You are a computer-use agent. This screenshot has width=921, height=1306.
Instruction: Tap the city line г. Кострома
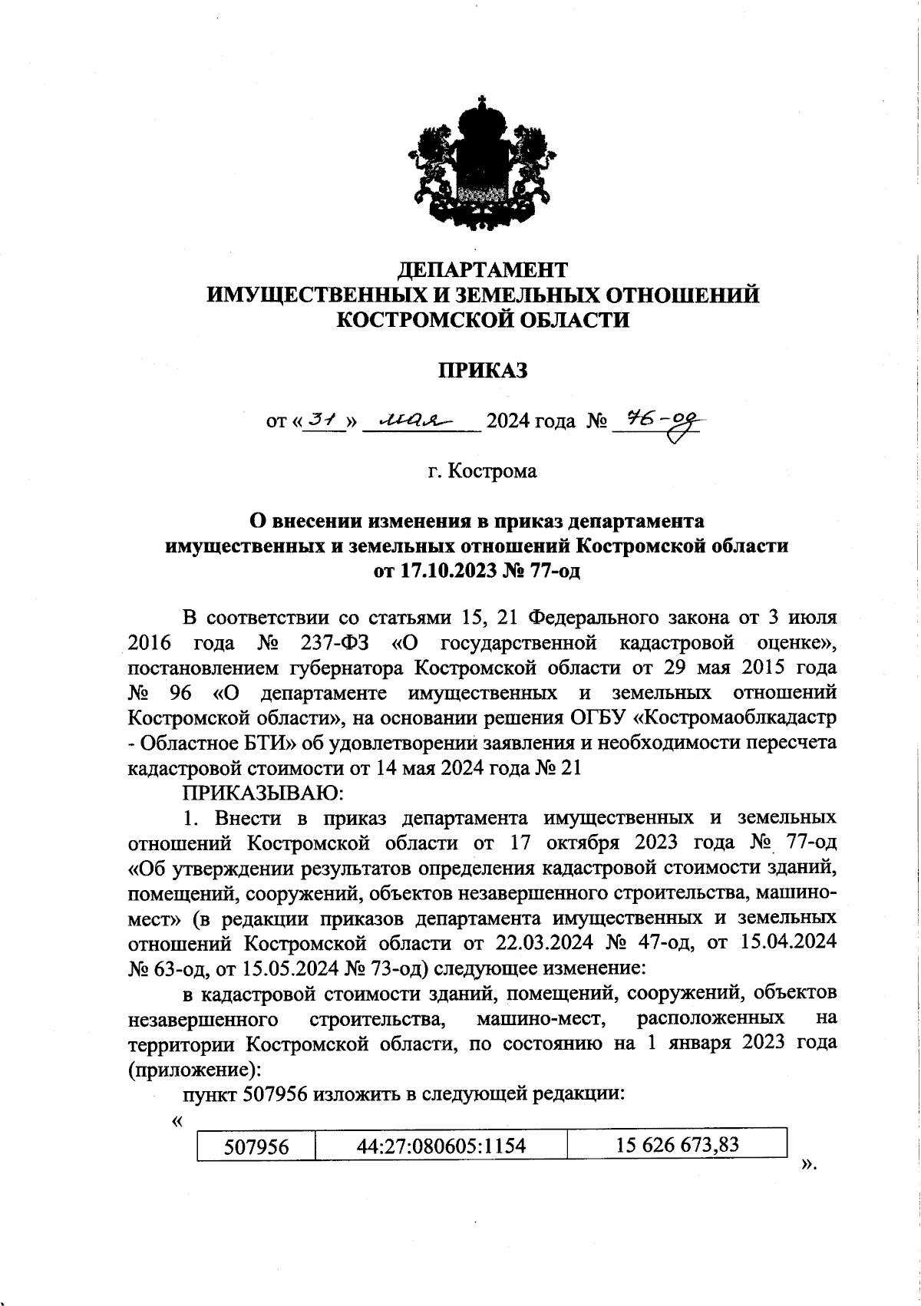tap(483, 470)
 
